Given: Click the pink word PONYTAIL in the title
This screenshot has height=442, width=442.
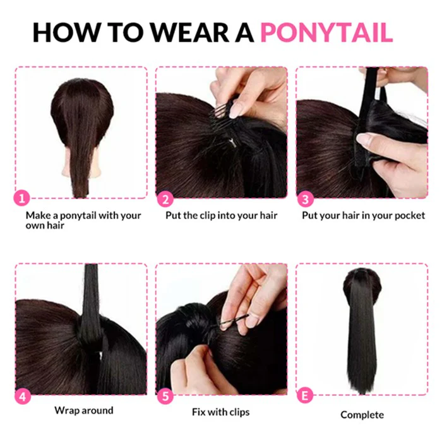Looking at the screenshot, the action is pyautogui.click(x=326, y=32).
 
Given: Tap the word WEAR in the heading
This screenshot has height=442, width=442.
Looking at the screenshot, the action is pyautogui.click(x=190, y=32).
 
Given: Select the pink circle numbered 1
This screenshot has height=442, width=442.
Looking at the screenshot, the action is pyautogui.click(x=21, y=198).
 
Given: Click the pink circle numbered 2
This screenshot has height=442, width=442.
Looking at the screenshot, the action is pyautogui.click(x=165, y=199).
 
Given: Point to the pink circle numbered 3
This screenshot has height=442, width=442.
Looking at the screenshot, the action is pyautogui.click(x=305, y=199).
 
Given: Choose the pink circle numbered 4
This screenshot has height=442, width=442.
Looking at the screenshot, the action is pyautogui.click(x=22, y=397).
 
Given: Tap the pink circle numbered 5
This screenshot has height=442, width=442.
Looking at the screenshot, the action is pyautogui.click(x=165, y=396).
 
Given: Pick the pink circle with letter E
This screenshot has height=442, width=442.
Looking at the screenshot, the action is pyautogui.click(x=305, y=395).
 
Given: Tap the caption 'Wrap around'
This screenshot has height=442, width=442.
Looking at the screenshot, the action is pyautogui.click(x=84, y=410).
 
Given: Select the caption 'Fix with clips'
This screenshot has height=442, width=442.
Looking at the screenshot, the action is pyautogui.click(x=221, y=412).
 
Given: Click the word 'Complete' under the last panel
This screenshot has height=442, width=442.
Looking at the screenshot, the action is pyautogui.click(x=362, y=415).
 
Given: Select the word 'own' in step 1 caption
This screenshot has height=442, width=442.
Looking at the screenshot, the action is pyautogui.click(x=34, y=226).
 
